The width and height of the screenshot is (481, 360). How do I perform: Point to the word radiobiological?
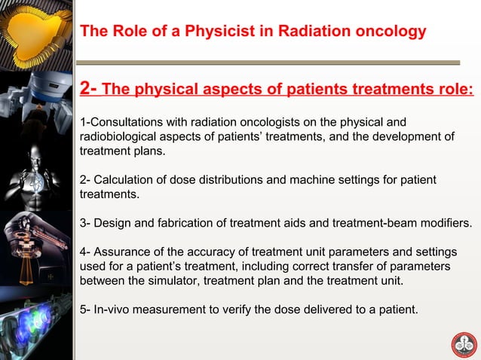tap(119, 136)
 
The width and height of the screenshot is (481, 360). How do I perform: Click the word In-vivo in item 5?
tap(111, 310)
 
